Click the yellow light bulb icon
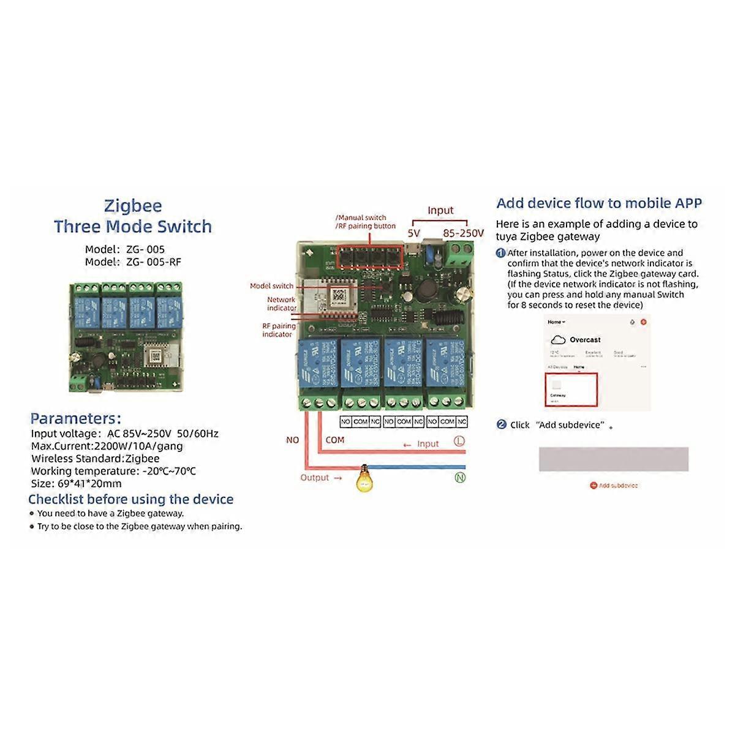point(364,478)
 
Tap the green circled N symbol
point(460,478)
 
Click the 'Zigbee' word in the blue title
point(133,205)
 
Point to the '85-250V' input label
point(463,233)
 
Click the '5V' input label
point(414,233)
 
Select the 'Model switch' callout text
point(271,286)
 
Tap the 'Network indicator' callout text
point(281,304)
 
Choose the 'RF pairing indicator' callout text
point(279,330)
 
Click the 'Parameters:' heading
point(76,419)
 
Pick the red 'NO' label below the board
point(293,440)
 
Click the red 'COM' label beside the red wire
point(335,440)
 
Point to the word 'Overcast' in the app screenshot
point(585,340)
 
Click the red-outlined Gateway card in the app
point(570,389)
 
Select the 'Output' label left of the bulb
point(315,478)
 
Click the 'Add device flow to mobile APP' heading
point(599,203)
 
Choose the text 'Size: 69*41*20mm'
point(76,483)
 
